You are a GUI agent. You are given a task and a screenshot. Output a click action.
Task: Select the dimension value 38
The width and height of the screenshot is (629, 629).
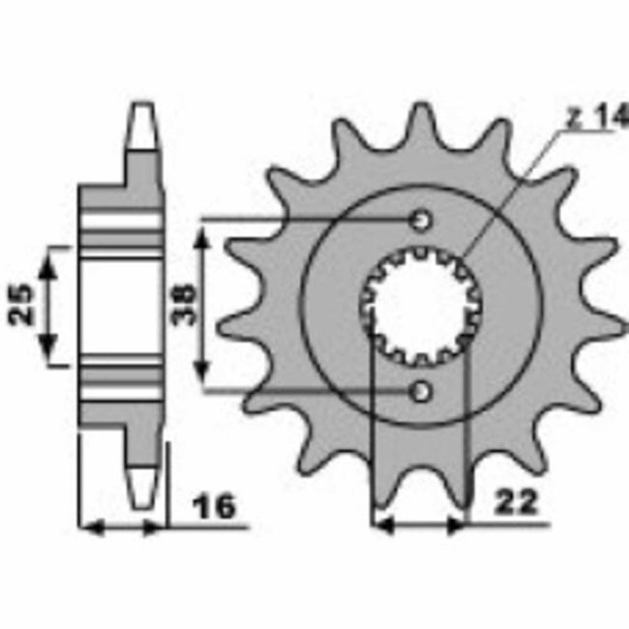[x=181, y=305]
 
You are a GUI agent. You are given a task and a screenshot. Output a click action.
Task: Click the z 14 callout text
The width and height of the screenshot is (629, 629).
[x=594, y=118]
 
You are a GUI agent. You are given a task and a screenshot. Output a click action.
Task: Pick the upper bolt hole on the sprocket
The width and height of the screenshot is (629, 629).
[x=421, y=221]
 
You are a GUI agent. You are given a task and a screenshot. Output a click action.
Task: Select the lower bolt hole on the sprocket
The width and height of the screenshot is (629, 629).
[x=421, y=391]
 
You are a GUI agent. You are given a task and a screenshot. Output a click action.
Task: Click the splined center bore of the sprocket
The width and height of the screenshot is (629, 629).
[x=421, y=306]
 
